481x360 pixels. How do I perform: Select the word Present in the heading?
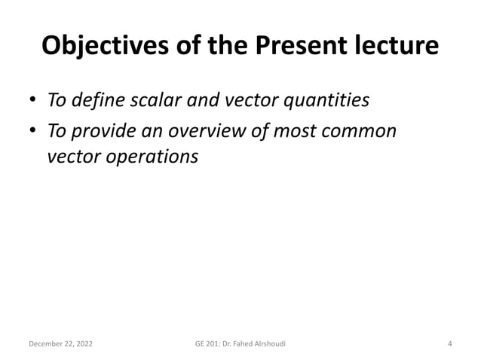coord(296,46)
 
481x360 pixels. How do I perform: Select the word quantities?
coord(325,99)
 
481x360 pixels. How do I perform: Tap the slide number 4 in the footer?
coord(449,344)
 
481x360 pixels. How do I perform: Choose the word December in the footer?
coord(46,344)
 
